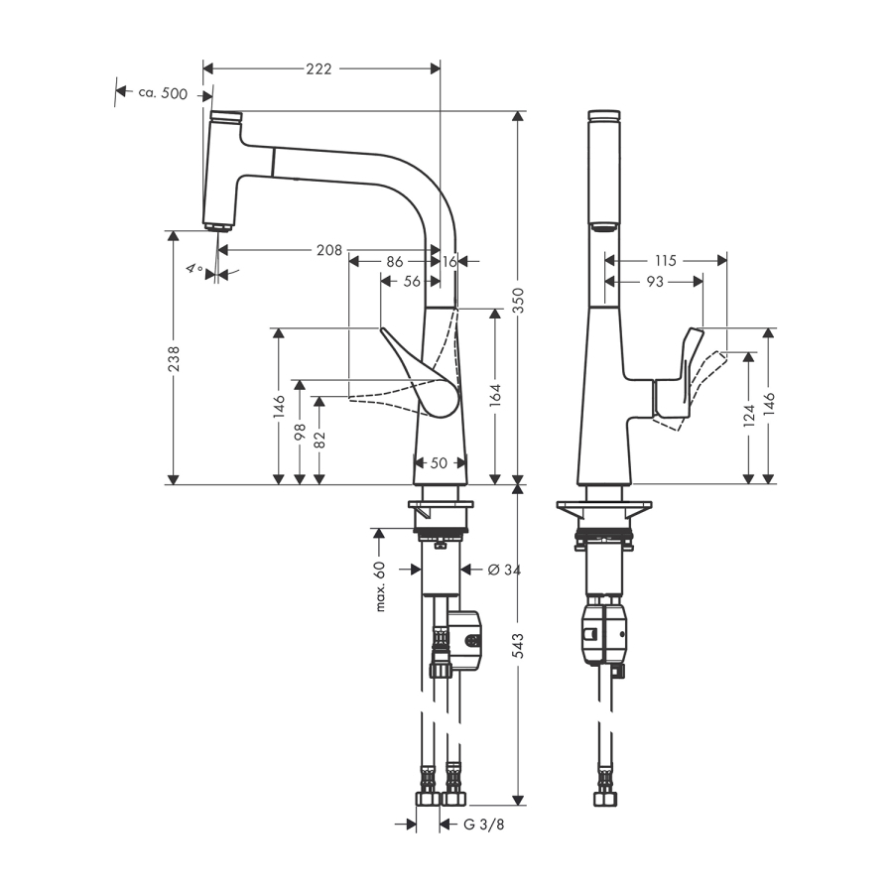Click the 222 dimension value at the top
pos(319,68)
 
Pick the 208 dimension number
pos(329,250)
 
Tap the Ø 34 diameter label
pos(504,570)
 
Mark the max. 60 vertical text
pos(378,586)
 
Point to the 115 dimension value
pos(665,260)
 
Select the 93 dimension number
pos(655,282)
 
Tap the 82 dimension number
pos(319,440)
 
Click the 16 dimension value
pos(449,261)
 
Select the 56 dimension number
pos(412,282)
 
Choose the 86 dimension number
pos(394,261)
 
